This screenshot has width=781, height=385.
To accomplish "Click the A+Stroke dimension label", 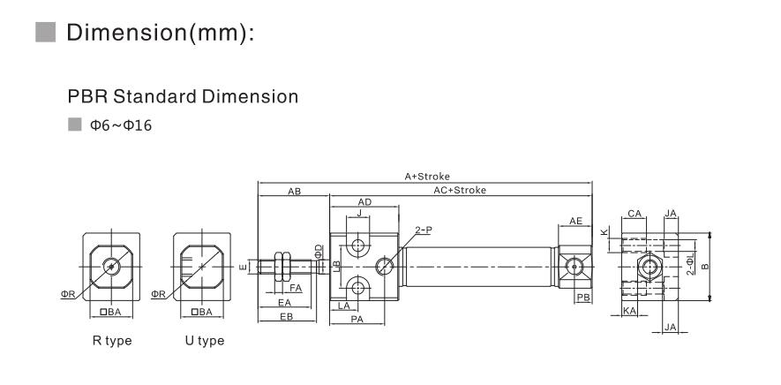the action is click(427, 176).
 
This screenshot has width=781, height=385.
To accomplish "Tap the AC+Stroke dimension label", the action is click(460, 190).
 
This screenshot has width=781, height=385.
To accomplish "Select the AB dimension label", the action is click(295, 191).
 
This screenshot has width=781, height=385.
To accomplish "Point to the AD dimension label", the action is click(365, 202).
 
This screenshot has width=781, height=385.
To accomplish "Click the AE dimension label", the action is click(575, 221).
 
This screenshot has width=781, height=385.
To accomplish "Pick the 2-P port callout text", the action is click(424, 230).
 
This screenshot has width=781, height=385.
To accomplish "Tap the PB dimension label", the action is click(583, 298).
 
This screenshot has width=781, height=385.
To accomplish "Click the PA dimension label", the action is click(357, 319).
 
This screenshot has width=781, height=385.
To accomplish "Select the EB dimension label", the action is click(287, 316).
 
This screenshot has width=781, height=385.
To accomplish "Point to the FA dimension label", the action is click(296, 288).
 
